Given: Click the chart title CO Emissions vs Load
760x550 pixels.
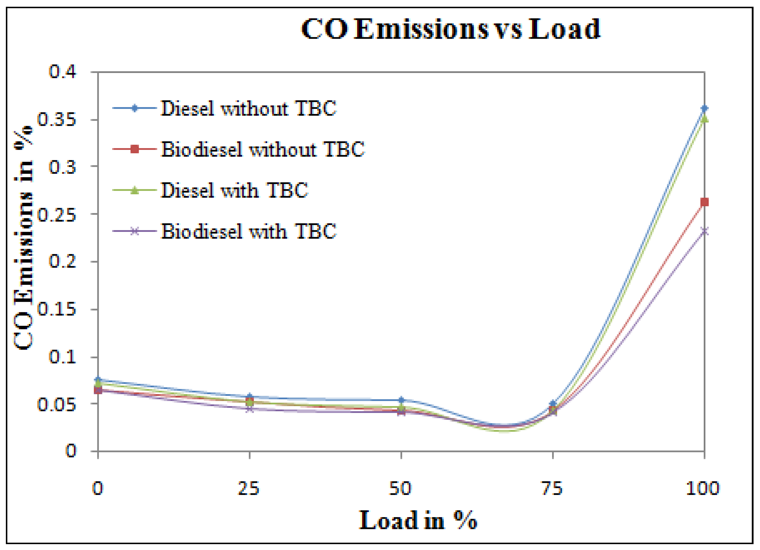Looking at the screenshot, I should (x=450, y=30).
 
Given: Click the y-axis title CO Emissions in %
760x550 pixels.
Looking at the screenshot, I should (x=23, y=238).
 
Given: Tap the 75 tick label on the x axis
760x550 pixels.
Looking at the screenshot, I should (x=552, y=489).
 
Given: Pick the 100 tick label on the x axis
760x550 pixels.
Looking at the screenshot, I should (x=703, y=489).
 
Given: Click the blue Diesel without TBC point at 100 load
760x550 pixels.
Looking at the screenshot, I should (x=704, y=108).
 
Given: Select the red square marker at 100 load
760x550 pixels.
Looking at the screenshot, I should (x=704, y=202).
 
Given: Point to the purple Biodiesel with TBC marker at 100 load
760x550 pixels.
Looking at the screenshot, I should (x=704, y=231).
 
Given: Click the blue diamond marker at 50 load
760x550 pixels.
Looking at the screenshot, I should (x=401, y=400).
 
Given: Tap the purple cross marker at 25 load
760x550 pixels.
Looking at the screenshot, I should (x=250, y=409).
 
